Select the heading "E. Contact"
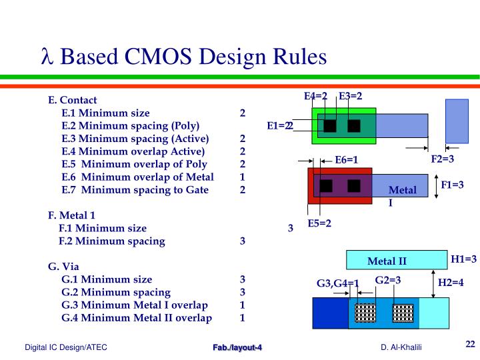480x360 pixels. point(73,100)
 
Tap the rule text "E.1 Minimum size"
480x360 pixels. point(105,113)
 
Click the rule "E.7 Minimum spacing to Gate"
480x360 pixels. point(135,189)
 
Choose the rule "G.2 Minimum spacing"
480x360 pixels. point(115,292)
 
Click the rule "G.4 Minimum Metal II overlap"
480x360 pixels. point(136,317)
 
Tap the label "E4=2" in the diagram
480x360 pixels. point(315,96)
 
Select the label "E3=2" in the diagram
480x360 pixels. point(351,96)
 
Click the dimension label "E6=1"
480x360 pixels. point(347,159)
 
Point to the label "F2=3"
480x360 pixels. point(442,159)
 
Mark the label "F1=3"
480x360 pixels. point(452,184)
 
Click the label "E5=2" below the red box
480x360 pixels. point(319,223)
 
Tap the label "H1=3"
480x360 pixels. point(463,259)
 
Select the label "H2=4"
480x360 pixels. point(451,283)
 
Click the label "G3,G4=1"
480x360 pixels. point(337,283)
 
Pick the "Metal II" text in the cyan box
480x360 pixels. point(387,261)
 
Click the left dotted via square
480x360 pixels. point(366,313)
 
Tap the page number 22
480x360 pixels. point(470,344)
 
